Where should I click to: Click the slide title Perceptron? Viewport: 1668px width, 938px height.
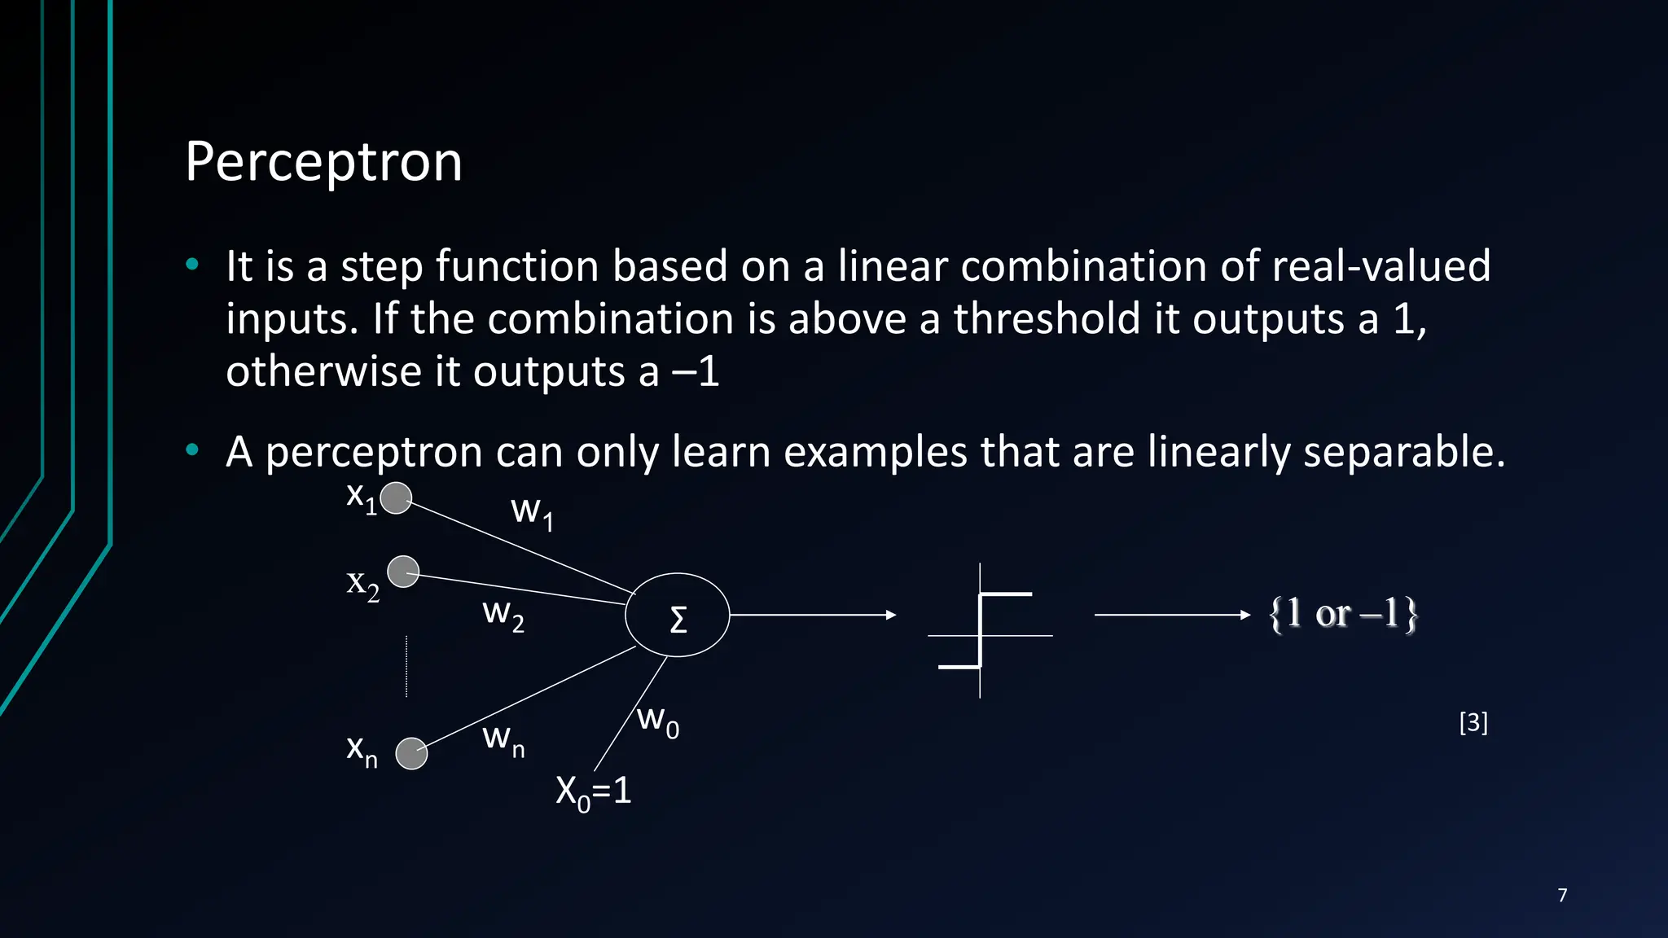[x=323, y=162]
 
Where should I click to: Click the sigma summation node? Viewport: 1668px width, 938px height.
[x=677, y=616]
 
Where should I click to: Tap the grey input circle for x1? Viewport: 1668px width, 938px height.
[x=396, y=498]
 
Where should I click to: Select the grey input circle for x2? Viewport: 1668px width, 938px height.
[x=403, y=572]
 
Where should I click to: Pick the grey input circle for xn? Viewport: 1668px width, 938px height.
[x=411, y=753]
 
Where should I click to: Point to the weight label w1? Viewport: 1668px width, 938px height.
[x=532, y=512]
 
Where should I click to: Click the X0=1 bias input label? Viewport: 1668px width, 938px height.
[x=593, y=791]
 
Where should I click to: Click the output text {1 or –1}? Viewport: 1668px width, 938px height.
[x=1343, y=614]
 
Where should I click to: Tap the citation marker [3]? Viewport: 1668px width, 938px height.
[x=1473, y=722]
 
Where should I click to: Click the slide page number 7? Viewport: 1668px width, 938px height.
[x=1562, y=896]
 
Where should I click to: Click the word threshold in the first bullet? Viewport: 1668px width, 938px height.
[x=1047, y=318]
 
